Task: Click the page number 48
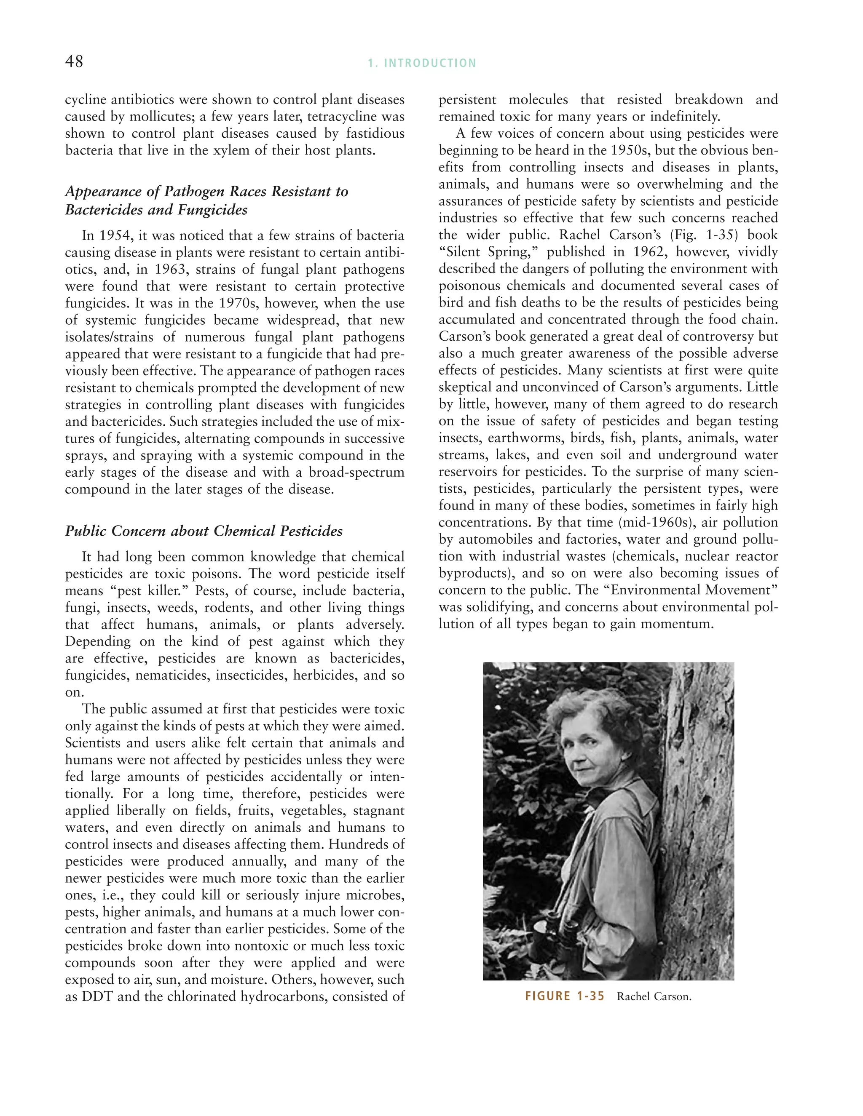point(74,62)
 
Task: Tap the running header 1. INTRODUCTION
point(422,63)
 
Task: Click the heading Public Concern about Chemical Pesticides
point(204,531)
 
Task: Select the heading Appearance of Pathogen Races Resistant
point(206,192)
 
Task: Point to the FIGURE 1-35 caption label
point(564,996)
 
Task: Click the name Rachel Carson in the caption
point(654,997)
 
